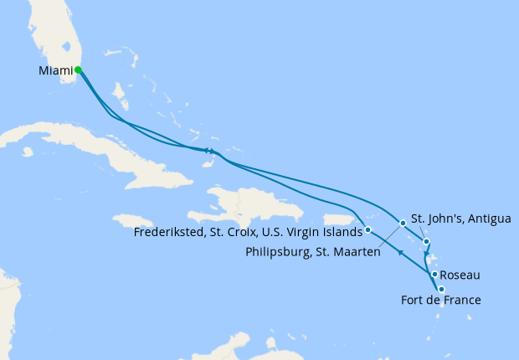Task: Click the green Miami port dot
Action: coord(78,70)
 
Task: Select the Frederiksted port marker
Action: coord(368,229)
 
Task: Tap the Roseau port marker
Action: coord(434,275)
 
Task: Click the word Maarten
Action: coord(357,252)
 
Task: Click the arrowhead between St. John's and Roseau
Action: coord(427,256)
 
